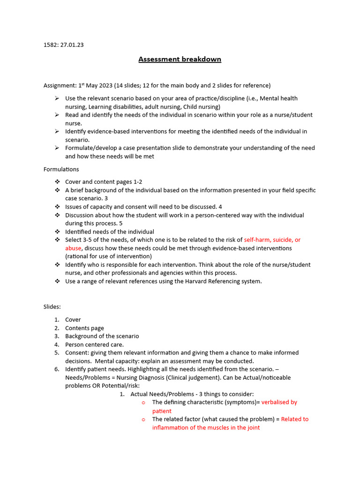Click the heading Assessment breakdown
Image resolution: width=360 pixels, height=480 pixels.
click(180, 60)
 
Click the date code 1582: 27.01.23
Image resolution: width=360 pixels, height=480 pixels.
click(63, 45)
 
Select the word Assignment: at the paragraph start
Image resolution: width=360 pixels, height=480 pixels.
click(59, 85)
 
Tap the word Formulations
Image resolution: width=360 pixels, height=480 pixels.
click(61, 169)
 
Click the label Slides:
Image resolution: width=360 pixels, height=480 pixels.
click(52, 307)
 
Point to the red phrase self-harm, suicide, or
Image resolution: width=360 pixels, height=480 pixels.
click(272, 240)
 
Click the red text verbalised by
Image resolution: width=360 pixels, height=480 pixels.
click(279, 402)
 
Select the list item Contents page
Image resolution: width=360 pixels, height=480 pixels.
click(84, 328)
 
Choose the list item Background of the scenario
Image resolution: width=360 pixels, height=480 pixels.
click(102, 336)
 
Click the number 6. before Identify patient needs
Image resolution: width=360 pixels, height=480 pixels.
click(56, 369)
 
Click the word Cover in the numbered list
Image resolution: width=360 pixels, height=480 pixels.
click(73, 320)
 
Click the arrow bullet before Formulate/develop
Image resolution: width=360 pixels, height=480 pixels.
click(57, 148)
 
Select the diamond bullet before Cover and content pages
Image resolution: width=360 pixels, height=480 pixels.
click(57, 182)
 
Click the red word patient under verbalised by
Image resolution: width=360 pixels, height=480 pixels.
click(162, 411)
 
